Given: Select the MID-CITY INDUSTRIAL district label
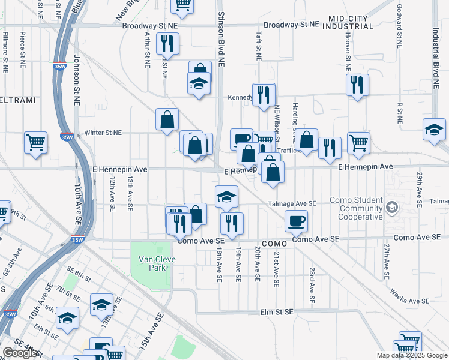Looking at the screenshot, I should click(x=347, y=22).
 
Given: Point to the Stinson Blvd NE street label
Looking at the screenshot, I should click(x=221, y=38).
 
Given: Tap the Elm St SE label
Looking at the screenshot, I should click(x=276, y=312).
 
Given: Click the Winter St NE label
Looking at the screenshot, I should click(x=103, y=133).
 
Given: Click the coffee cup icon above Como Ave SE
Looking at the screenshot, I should click(x=296, y=221).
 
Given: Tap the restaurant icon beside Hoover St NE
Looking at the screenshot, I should click(x=357, y=85).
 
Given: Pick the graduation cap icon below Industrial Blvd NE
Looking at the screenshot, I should click(x=434, y=129).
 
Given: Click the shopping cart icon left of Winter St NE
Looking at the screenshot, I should click(x=35, y=143).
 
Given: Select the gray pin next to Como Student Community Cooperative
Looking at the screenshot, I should click(x=392, y=208).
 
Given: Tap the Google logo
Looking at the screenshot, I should click(x=20, y=353).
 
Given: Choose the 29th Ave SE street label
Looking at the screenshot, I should click(x=419, y=187).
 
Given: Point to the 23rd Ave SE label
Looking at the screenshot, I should click(x=312, y=284).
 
